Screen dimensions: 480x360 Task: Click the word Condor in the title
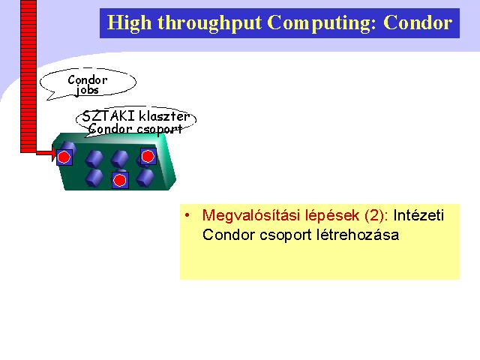pos(418,22)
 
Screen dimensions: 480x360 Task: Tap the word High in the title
pos(129,23)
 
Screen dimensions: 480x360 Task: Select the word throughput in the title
pos(210,23)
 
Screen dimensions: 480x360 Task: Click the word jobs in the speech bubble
pos(88,90)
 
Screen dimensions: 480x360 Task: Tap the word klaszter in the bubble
pos(164,116)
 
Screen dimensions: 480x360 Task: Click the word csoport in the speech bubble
pos(159,129)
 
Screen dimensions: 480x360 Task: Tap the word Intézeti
pos(418,215)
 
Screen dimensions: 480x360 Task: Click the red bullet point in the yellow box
pos(187,215)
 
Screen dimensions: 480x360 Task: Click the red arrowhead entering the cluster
pos(54,153)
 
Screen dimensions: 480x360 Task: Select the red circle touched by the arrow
pos(64,157)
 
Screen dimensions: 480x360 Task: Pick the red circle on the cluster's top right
pos(148,156)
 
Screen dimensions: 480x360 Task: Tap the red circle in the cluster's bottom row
pos(120,181)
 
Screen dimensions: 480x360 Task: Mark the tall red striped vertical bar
pos(28,76)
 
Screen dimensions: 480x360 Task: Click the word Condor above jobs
pos(88,80)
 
